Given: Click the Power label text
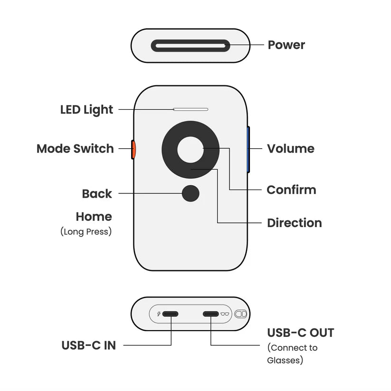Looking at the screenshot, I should [x=286, y=45].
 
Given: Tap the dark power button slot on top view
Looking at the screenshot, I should [x=190, y=46].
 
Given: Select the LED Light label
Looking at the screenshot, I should [x=86, y=110].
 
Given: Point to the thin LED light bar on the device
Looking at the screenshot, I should [x=191, y=109].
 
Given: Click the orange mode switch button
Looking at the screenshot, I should [x=134, y=149].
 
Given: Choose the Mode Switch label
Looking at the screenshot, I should [x=75, y=149].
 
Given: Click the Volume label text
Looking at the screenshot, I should [x=290, y=149].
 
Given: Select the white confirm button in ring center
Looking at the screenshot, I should [x=190, y=149].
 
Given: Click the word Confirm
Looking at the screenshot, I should [x=291, y=190].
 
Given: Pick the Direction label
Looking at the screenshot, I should [x=294, y=223].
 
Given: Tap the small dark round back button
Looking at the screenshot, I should [x=191, y=193].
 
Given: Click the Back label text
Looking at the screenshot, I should [x=97, y=194].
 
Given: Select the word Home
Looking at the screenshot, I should [x=94, y=217].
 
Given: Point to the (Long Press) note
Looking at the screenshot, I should [x=86, y=232].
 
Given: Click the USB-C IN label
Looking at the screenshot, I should [x=88, y=345].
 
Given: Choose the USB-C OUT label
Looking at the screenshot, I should [x=300, y=333].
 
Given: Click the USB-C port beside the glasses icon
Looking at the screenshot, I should [x=210, y=314].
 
